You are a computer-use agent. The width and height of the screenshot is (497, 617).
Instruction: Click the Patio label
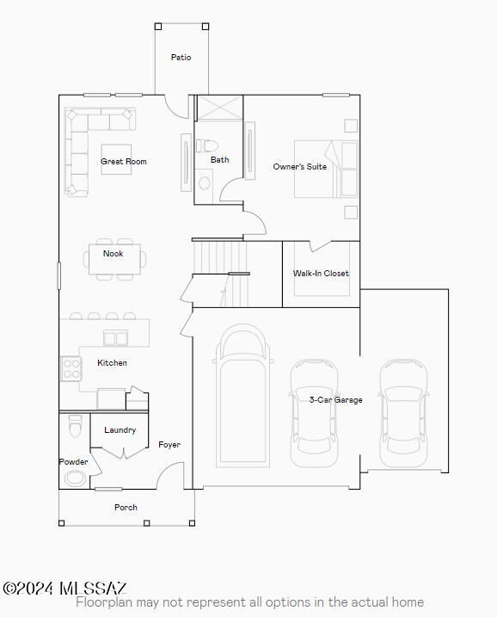181,58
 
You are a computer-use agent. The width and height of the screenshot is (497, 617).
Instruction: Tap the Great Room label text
124,162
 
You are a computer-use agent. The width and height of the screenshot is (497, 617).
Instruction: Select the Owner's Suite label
299,167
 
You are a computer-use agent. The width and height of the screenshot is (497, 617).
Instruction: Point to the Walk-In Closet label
321,274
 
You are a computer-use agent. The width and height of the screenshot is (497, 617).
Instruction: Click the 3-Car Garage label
336,400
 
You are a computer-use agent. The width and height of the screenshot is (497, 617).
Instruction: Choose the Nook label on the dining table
114,254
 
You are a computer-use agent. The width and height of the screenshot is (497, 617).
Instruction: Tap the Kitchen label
112,363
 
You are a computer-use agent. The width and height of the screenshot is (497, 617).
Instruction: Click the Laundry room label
120,430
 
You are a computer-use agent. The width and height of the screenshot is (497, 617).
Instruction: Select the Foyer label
169,445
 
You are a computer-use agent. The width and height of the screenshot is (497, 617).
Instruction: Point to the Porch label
126,508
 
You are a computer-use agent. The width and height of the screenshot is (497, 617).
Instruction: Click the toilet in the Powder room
75,426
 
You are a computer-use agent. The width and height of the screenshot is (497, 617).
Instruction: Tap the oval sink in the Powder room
77,478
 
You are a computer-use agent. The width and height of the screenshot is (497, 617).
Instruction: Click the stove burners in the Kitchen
71,369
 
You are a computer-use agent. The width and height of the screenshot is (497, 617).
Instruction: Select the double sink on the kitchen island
115,337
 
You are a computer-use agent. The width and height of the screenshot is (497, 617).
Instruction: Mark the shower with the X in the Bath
219,108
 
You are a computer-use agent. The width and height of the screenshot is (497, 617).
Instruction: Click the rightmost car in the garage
403,410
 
